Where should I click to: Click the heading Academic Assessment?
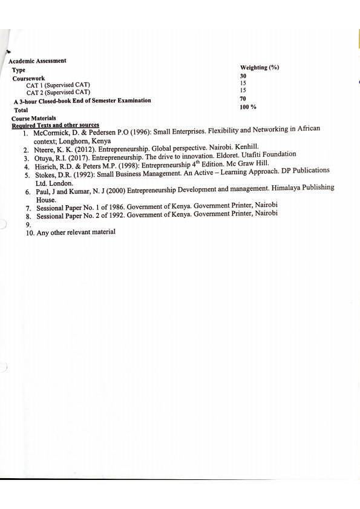point(38,61)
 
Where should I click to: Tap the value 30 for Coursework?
point(244,76)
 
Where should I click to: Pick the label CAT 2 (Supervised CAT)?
point(58,92)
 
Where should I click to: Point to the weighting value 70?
point(243,98)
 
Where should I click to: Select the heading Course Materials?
point(34,119)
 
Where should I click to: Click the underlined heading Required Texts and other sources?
point(55,125)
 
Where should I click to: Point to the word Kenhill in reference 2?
point(242,147)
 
